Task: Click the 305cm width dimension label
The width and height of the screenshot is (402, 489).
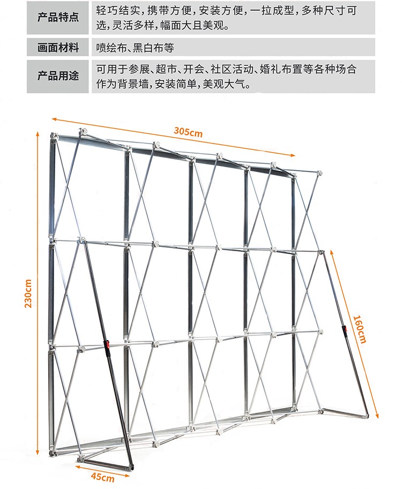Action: [x=188, y=132]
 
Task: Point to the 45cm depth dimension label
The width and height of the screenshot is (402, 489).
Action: [x=102, y=477]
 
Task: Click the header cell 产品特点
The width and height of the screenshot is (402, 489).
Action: [x=58, y=17]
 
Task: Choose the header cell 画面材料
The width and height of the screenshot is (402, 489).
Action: [x=58, y=48]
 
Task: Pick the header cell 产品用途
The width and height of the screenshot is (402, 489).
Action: [x=58, y=76]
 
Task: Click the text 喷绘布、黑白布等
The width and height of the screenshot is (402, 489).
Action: [x=135, y=48]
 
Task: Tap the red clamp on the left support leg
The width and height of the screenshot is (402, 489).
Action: [x=107, y=345]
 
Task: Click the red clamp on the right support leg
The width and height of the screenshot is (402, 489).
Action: [x=346, y=331]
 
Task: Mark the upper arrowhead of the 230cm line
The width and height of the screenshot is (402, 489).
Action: [x=38, y=133]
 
